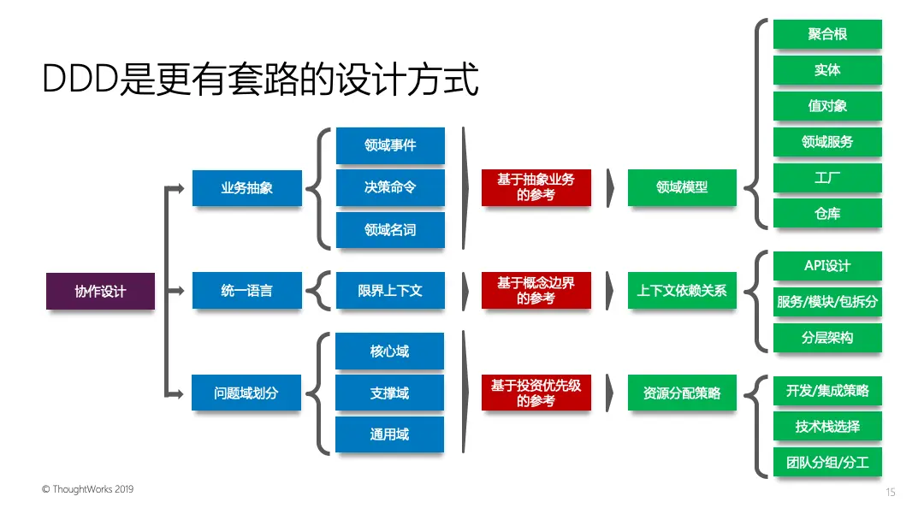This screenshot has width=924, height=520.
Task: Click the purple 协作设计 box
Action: pyautogui.click(x=100, y=292)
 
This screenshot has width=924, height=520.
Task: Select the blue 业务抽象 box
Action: pyautogui.click(x=246, y=188)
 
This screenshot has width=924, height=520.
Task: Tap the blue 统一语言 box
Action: pyautogui.click(x=246, y=291)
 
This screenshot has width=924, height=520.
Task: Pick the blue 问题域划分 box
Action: pyautogui.click(x=246, y=393)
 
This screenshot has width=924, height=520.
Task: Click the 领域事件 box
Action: pyautogui.click(x=390, y=145)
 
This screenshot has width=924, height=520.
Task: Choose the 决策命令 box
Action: pyautogui.click(x=390, y=187)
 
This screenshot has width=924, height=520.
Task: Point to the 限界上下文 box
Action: pyautogui.click(x=390, y=291)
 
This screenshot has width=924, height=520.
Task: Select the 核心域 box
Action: pyautogui.click(x=389, y=352)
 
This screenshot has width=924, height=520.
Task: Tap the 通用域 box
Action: pyautogui.click(x=389, y=434)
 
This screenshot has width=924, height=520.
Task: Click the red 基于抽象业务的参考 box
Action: pyautogui.click(x=536, y=188)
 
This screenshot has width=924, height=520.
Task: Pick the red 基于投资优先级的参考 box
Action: pyautogui.click(x=536, y=393)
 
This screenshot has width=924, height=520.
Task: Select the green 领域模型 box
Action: pyautogui.click(x=682, y=188)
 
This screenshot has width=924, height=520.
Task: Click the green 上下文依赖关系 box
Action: pyautogui.click(x=682, y=291)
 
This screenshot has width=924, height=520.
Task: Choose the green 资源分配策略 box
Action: pyautogui.click(x=682, y=393)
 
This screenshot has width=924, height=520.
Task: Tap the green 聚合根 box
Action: pyautogui.click(x=827, y=34)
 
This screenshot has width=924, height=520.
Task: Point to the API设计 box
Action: pyautogui.click(x=827, y=266)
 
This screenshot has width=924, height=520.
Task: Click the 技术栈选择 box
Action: pyautogui.click(x=827, y=427)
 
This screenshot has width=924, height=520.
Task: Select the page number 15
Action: pyautogui.click(x=891, y=492)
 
